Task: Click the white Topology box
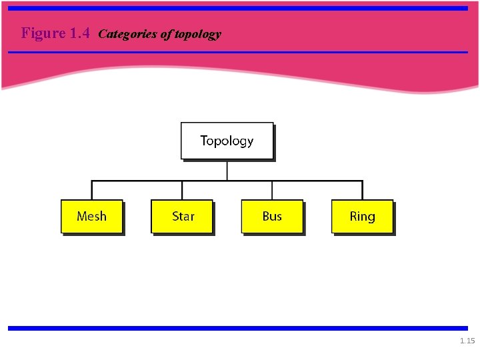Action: (x=227, y=141)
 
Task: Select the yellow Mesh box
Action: (x=91, y=216)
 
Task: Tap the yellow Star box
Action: (x=182, y=216)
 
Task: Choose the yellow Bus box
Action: (x=272, y=216)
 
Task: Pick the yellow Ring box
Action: (x=362, y=216)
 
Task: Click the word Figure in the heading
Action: (x=43, y=33)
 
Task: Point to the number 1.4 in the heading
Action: (x=79, y=33)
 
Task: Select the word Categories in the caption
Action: (x=128, y=34)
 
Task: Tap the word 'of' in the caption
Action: (x=166, y=34)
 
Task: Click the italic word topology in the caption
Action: (x=197, y=34)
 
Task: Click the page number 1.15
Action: (x=467, y=341)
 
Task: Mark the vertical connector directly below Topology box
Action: (x=227, y=170)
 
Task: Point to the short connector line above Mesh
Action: (x=92, y=190)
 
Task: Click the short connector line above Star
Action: (x=182, y=190)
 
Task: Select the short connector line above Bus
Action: (x=272, y=190)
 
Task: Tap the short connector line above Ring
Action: (x=362, y=190)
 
